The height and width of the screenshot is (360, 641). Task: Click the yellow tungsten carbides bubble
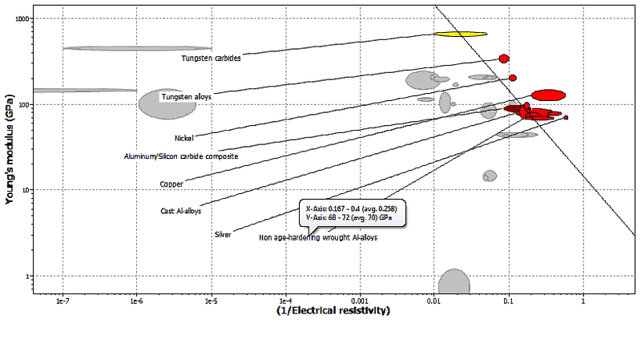(460, 34)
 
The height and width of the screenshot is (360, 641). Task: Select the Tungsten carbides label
(211, 58)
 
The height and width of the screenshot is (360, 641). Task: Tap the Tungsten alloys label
(186, 97)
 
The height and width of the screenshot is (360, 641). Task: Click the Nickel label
(183, 138)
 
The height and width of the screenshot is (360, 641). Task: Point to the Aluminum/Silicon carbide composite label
(179, 156)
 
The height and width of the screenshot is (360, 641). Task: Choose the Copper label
(171, 184)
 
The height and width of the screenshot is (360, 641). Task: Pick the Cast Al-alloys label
(180, 211)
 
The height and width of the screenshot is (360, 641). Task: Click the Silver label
(223, 234)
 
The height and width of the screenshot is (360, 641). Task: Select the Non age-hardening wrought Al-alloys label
(317, 238)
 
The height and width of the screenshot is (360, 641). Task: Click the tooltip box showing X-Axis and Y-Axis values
(352, 211)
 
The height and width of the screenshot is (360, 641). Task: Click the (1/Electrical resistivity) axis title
(333, 309)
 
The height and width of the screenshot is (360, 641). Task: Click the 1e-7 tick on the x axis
(62, 302)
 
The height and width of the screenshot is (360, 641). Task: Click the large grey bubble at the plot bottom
(454, 281)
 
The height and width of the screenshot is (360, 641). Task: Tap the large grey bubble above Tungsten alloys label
(162, 103)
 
